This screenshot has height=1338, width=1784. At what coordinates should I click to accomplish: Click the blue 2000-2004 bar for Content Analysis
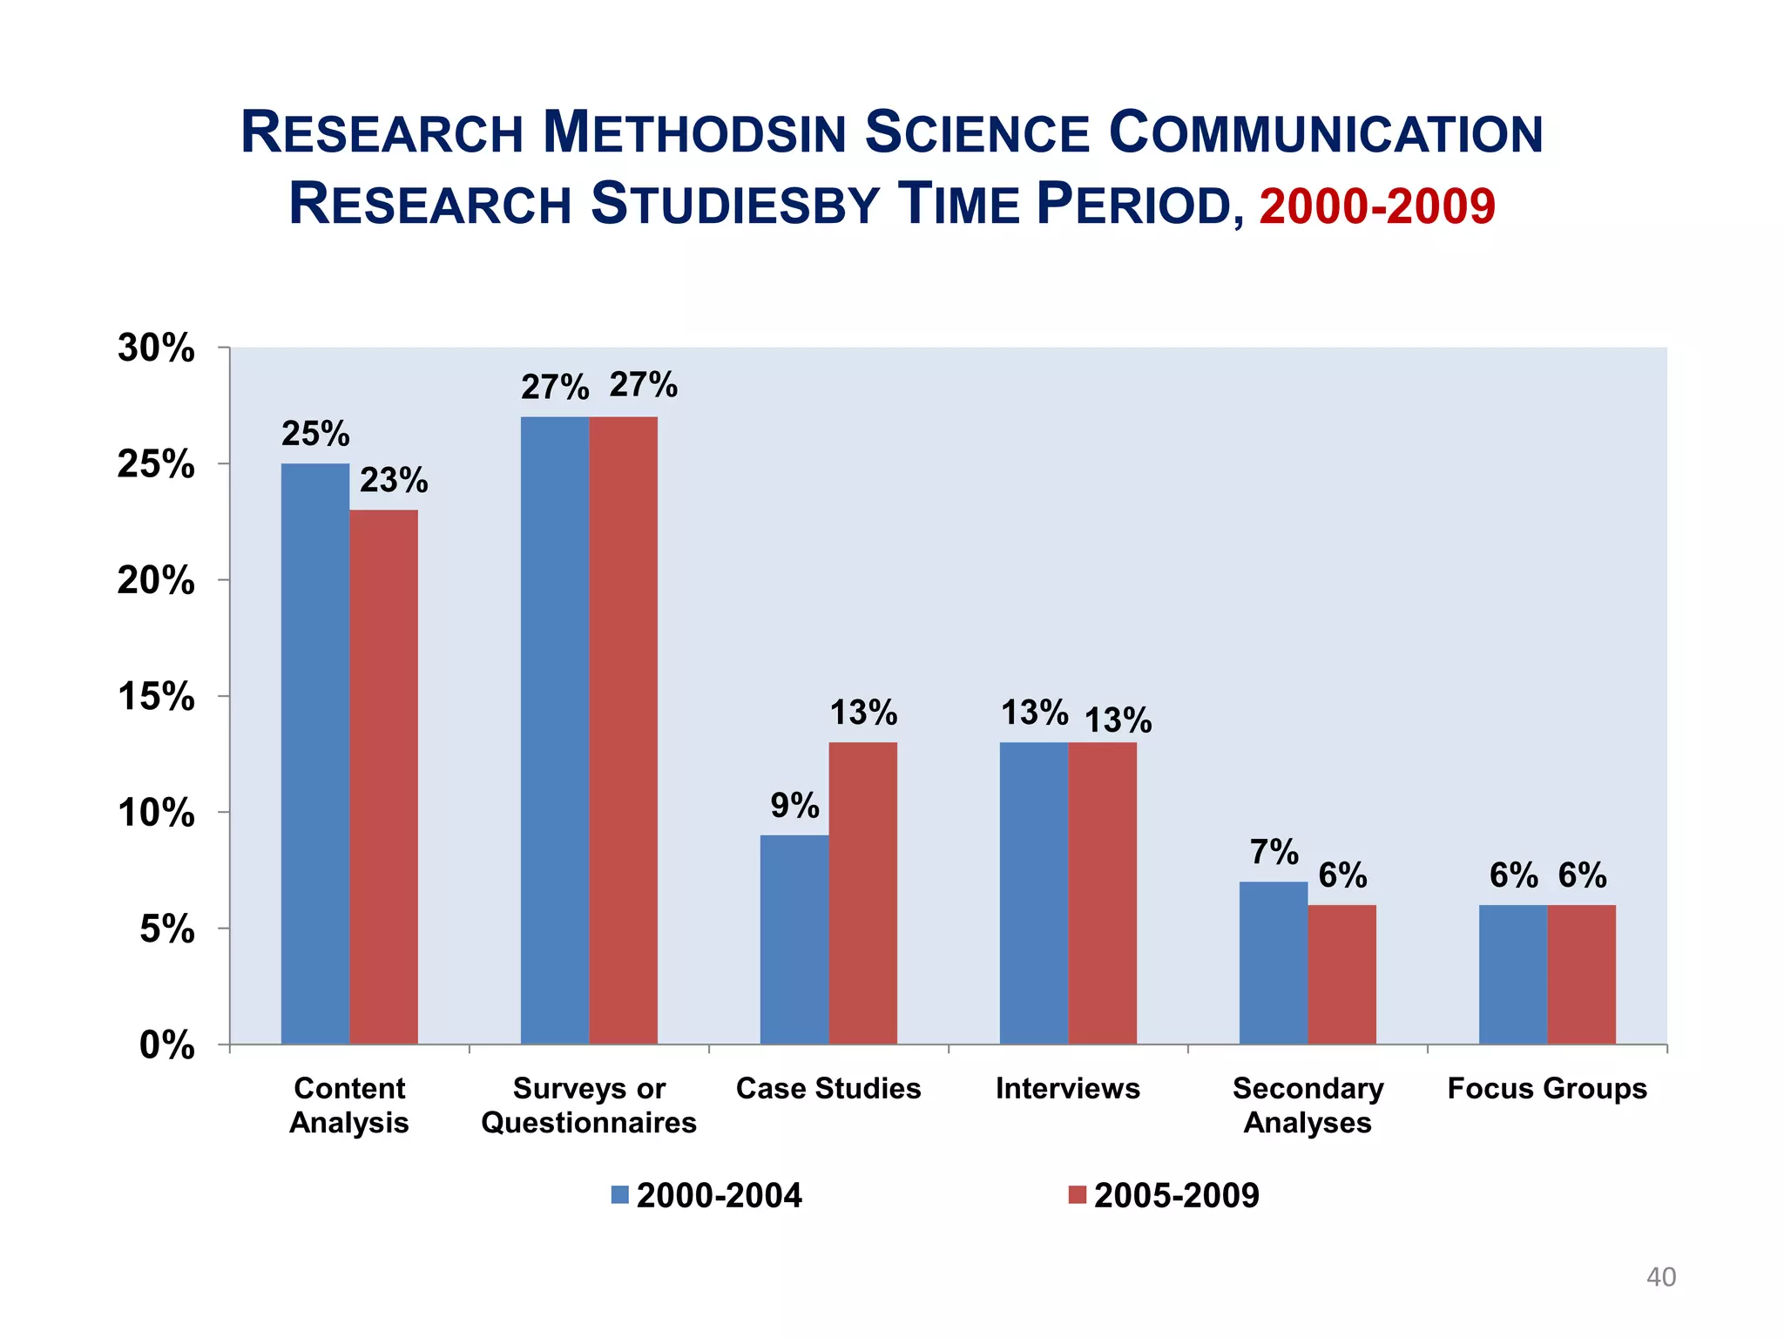pyautogui.click(x=314, y=753)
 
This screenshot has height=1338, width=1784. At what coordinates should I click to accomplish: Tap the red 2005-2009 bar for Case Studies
pyautogui.click(x=862, y=893)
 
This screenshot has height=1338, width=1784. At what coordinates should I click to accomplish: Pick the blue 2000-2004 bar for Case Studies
pyautogui.click(x=794, y=939)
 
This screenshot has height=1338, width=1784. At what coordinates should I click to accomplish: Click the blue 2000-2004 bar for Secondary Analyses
pyautogui.click(x=1273, y=963)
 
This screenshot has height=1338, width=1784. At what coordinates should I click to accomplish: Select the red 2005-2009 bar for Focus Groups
pyautogui.click(x=1581, y=974)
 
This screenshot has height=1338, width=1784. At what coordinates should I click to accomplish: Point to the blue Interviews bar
pyautogui.click(x=1033, y=893)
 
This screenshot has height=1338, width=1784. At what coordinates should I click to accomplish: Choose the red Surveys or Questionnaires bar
pyautogui.click(x=623, y=730)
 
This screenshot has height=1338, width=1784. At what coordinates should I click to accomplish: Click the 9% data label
pyautogui.click(x=794, y=806)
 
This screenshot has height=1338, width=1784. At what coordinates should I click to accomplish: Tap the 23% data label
pyautogui.click(x=394, y=480)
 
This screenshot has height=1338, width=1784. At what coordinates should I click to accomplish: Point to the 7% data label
pyautogui.click(x=1274, y=852)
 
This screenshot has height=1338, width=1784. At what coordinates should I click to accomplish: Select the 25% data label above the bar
pyautogui.click(x=315, y=434)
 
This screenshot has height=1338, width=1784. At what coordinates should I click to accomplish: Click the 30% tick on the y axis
pyautogui.click(x=156, y=348)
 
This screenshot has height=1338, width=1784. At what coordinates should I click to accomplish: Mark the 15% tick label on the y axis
pyautogui.click(x=156, y=697)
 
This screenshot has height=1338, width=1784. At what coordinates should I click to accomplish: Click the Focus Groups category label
pyautogui.click(x=1547, y=1089)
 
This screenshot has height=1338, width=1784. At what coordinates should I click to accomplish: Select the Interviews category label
pyautogui.click(x=1067, y=1089)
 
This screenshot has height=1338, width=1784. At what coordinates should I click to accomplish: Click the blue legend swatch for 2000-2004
pyautogui.click(x=619, y=1195)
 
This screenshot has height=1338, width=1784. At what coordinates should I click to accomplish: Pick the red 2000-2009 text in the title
pyautogui.click(x=1377, y=206)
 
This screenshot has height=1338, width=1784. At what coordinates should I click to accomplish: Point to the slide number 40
pyautogui.click(x=1660, y=1277)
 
